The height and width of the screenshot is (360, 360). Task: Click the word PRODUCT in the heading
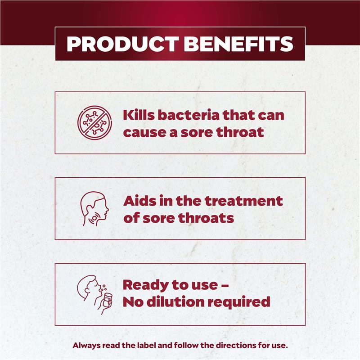pyautogui.click(x=123, y=44)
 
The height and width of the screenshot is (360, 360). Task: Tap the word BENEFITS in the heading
pyautogui.click(x=238, y=44)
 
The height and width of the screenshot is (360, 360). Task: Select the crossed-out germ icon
pyautogui.click(x=94, y=122)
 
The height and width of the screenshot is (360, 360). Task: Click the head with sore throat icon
pyautogui.click(x=94, y=208)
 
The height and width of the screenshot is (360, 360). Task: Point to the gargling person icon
pyautogui.click(x=94, y=295)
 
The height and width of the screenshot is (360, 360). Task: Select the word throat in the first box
pyautogui.click(x=240, y=132)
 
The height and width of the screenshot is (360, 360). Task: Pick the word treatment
pyautogui.click(x=243, y=201)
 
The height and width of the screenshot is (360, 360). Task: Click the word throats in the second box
pyautogui.click(x=206, y=218)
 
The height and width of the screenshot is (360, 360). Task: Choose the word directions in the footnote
pyautogui.click(x=234, y=345)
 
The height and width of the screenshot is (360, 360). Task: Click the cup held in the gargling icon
pyautogui.click(x=107, y=300)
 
